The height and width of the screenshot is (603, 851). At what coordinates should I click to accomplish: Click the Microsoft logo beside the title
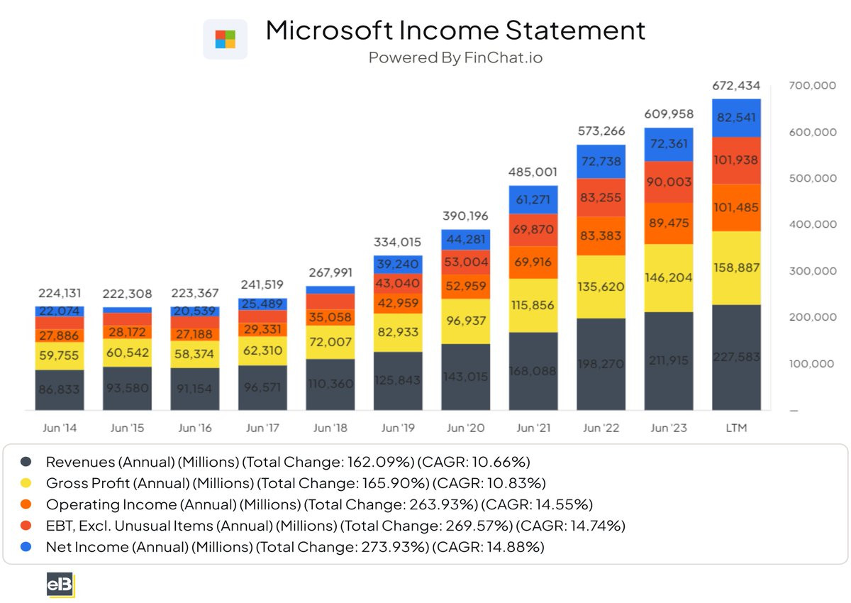click(x=225, y=39)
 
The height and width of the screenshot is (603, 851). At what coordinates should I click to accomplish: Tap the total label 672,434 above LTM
click(x=736, y=86)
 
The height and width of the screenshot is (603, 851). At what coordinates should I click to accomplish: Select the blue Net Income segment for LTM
click(x=736, y=118)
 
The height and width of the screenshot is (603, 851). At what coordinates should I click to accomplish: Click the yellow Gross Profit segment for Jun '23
click(x=669, y=278)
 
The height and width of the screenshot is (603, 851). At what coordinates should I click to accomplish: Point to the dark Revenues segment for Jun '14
click(x=60, y=389)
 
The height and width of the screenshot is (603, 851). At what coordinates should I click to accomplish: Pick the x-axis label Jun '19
click(x=398, y=428)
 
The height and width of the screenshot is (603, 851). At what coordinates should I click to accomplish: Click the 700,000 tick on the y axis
click(x=813, y=85)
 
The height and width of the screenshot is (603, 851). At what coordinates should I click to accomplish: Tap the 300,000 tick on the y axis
click(x=813, y=271)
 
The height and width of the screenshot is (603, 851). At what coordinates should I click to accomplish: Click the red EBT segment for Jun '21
click(x=533, y=230)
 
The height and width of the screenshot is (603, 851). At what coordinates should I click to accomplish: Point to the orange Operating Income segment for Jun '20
click(x=466, y=286)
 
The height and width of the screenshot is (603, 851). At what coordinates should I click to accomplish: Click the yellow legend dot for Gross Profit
click(x=26, y=483)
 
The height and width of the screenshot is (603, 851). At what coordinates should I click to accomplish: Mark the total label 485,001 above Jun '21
click(x=533, y=172)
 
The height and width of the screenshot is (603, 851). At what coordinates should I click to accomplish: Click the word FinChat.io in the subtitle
click(x=504, y=57)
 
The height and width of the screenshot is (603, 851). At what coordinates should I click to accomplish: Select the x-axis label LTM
click(x=736, y=428)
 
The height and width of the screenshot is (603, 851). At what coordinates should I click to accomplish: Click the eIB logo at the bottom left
click(x=60, y=585)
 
